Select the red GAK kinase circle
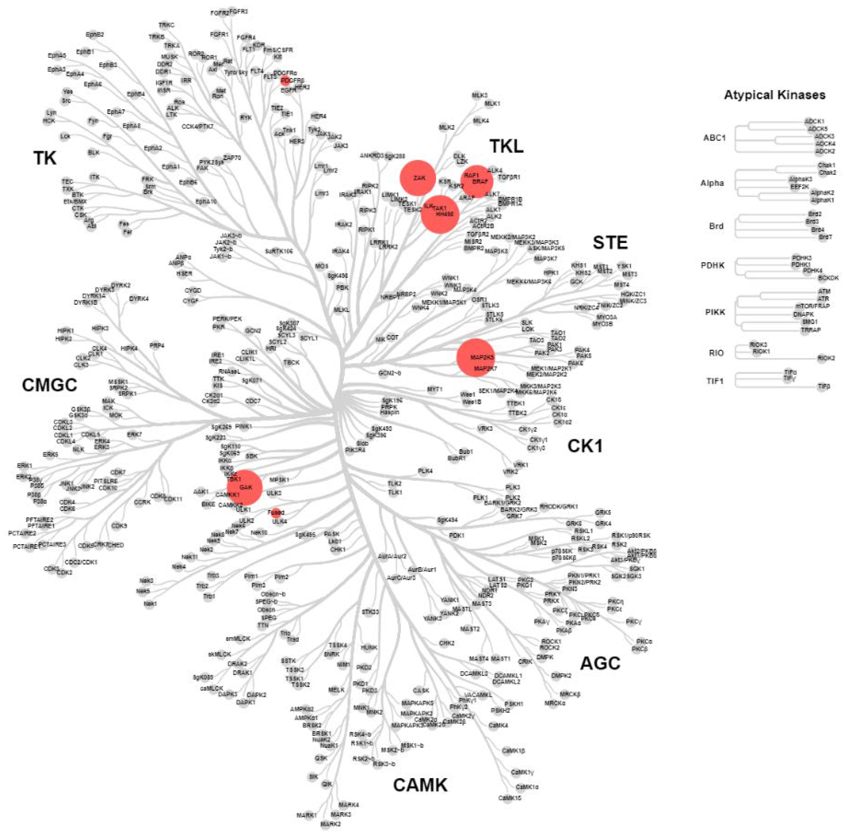pos(245,487)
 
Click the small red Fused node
pos(276,513)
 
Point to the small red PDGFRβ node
pos(286,80)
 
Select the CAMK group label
pos(420,785)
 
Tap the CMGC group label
pos(49,385)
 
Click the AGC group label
pos(600,663)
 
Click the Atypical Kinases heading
pos(774,95)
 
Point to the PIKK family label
pos(715,312)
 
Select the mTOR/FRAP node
pos(812,306)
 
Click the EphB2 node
pos(95,34)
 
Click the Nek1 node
pos(150,604)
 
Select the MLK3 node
pos(479,95)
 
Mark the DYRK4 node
pos(138,299)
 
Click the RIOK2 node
pos(825,358)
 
